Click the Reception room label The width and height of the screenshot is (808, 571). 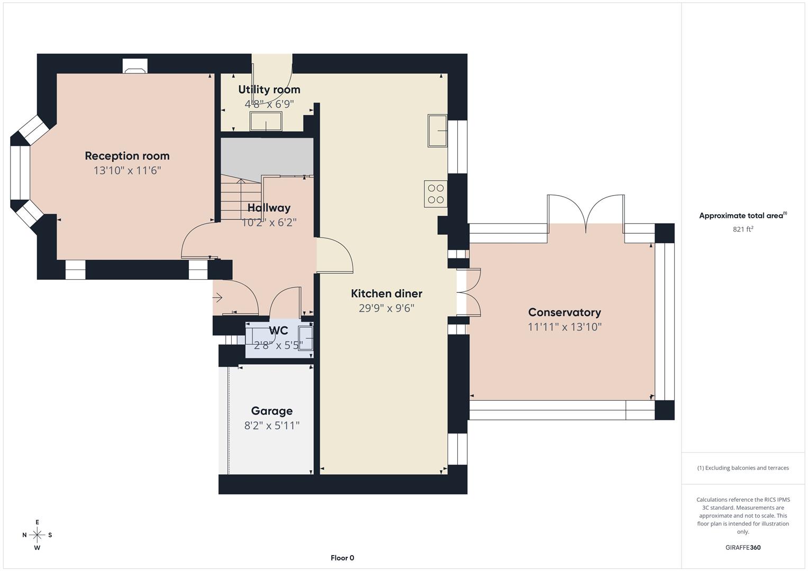coord(127,156)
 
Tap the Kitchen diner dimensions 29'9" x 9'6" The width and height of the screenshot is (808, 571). coord(386,308)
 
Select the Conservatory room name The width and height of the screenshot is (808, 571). coord(564,312)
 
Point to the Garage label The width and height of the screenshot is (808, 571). coord(271,411)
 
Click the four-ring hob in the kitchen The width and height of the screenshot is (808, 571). coord(435,194)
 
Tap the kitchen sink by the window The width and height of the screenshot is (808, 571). coord(438,130)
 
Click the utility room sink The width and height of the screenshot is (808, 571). coord(266,122)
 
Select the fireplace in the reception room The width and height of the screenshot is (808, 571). coord(135,66)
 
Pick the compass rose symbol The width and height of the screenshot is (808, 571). coord(37,535)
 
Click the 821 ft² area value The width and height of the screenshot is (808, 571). coord(742,229)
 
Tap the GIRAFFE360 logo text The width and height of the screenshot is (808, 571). coord(742,547)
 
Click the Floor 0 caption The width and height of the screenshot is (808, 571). coord(342,558)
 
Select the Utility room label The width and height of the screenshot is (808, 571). coord(269,90)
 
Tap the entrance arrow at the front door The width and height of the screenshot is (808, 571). coord(217,298)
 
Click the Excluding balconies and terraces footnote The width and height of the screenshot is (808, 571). coord(742,468)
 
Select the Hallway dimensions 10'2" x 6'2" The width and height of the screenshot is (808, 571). coord(269,223)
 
